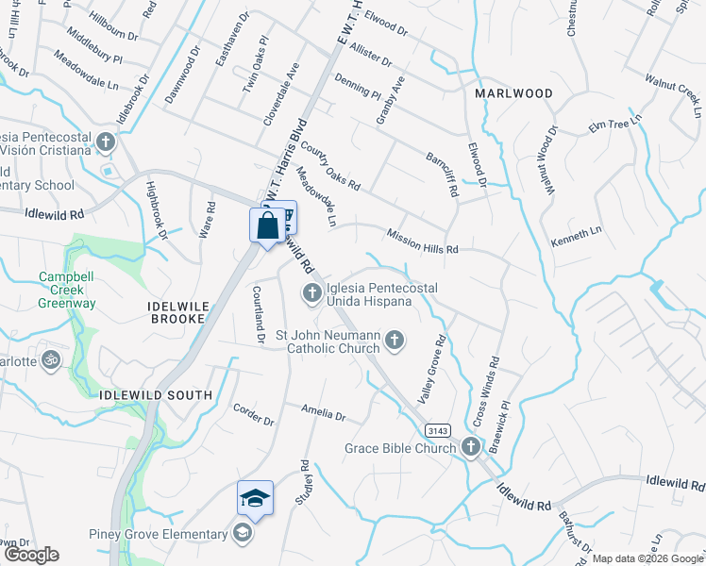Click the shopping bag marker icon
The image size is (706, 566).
267,226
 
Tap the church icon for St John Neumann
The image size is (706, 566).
395,340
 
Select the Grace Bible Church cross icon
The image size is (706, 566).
471,448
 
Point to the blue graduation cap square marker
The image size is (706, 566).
255,498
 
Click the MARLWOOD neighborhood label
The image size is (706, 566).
513,93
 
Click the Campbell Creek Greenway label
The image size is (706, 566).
67,291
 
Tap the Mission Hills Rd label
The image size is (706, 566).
422,241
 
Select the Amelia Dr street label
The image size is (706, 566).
324,413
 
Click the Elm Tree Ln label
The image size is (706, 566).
614,124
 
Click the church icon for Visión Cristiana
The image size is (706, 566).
105,142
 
